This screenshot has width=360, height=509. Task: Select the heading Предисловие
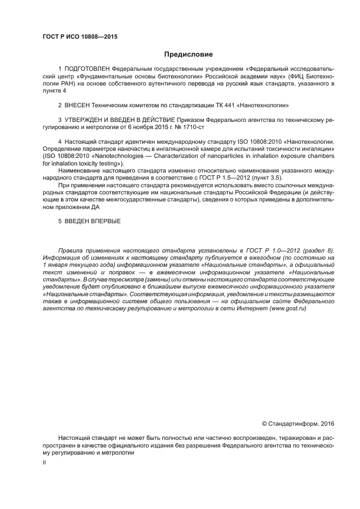tap(188, 54)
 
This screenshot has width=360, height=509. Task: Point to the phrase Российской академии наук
tap(246, 77)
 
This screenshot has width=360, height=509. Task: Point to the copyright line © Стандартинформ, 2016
tap(298, 423)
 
